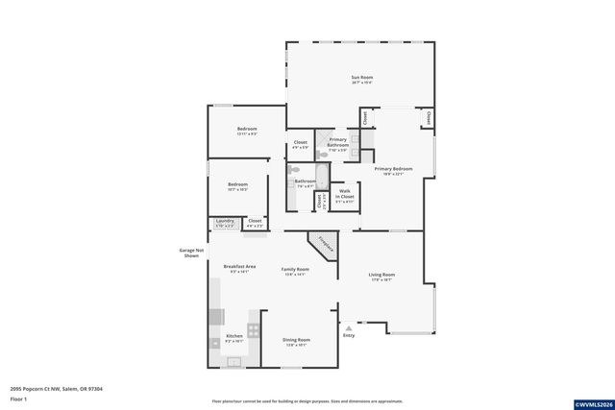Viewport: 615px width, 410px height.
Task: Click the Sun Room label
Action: click(x=361, y=79)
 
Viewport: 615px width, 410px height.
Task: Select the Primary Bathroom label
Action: click(x=338, y=144)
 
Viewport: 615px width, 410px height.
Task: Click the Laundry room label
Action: click(x=225, y=223)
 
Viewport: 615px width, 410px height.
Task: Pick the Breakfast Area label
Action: click(x=238, y=268)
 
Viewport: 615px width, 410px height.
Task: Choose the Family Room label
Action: click(x=295, y=272)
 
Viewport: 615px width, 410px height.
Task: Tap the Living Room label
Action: click(x=381, y=277)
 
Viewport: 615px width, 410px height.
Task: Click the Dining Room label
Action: click(x=296, y=342)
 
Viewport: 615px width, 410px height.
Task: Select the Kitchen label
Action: click(x=234, y=338)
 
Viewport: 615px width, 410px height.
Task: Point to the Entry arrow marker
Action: click(x=348, y=328)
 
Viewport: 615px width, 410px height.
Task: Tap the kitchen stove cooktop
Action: click(x=253, y=329)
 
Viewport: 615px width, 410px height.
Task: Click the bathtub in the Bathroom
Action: click(x=323, y=179)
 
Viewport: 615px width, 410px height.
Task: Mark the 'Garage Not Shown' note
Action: click(x=190, y=253)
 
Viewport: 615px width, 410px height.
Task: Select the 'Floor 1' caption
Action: click(x=18, y=398)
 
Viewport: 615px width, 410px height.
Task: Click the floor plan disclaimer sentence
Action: click(x=307, y=401)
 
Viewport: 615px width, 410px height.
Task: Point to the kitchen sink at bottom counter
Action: click(x=232, y=361)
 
